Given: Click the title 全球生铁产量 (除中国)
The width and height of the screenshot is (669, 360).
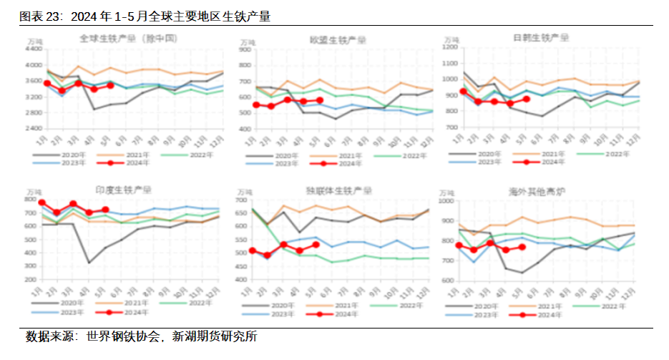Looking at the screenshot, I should point(128,37).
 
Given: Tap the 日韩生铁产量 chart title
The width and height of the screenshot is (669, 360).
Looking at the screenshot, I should point(541,38).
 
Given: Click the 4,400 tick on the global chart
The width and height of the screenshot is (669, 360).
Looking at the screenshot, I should point(33,49).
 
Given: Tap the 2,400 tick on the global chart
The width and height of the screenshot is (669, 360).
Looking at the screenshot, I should point(33,129).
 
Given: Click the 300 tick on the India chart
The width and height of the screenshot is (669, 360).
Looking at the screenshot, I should point(29,280).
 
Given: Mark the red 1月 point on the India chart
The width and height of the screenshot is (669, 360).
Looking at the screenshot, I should point(42,203).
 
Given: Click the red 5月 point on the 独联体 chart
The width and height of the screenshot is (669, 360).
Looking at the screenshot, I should point(316,245).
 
